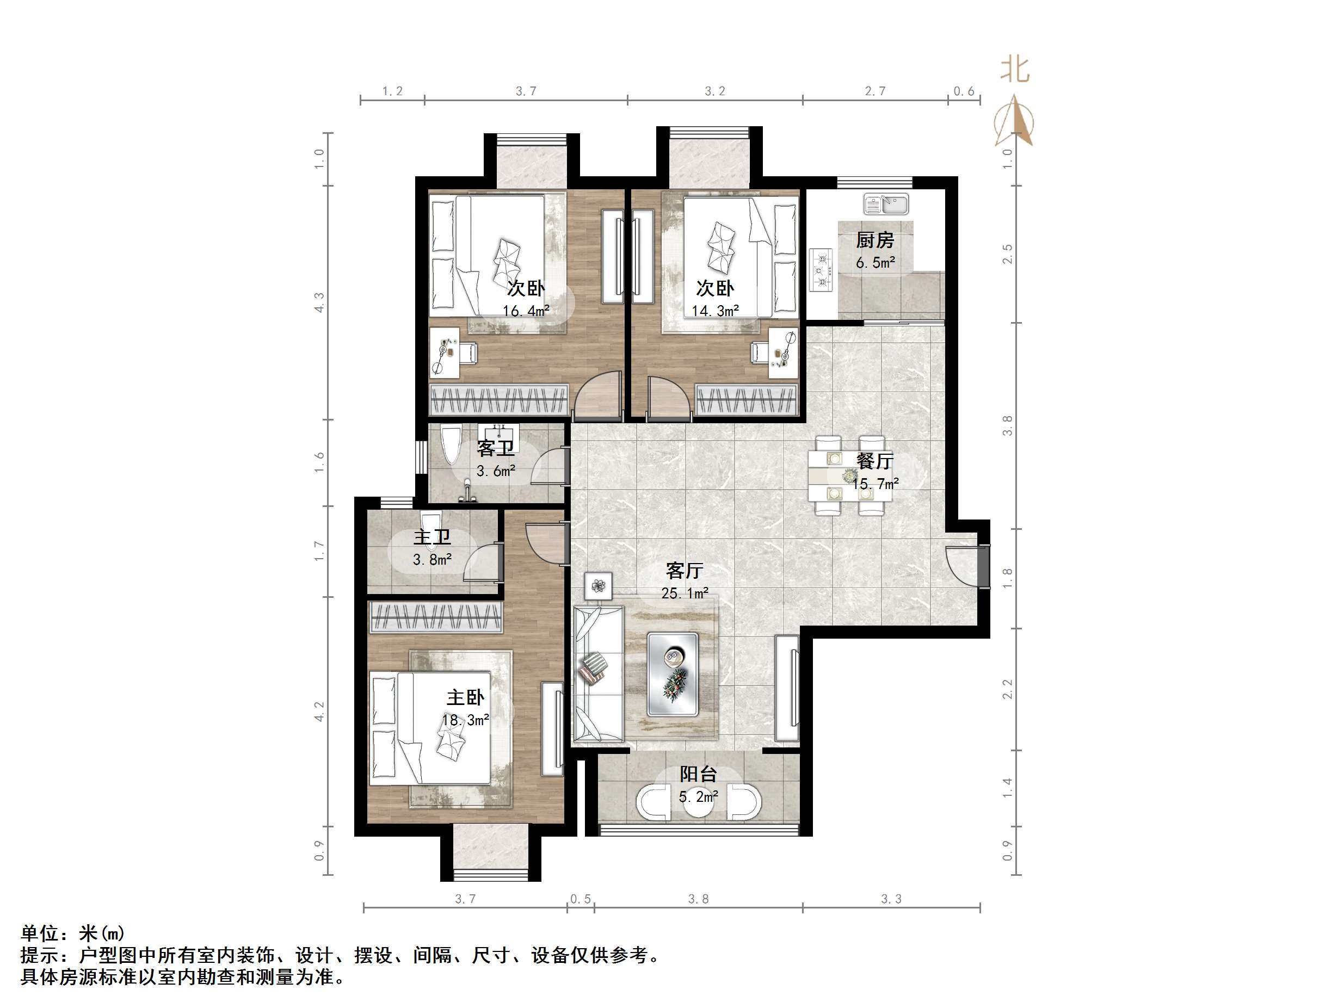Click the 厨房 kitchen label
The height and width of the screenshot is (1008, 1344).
click(875, 240)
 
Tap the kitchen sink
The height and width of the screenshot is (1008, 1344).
click(886, 204)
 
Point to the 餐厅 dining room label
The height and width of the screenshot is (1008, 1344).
click(875, 461)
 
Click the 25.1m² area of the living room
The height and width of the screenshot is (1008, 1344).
click(685, 593)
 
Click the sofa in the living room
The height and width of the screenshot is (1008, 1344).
click(599, 674)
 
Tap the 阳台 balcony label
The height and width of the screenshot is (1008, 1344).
click(698, 774)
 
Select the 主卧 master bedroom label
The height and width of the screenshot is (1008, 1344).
click(465, 697)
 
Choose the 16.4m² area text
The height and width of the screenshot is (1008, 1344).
click(526, 311)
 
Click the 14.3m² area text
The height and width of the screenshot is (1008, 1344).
click(715, 311)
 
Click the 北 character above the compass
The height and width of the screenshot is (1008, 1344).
click(1015, 69)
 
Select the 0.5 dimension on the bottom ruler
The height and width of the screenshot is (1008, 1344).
click(580, 899)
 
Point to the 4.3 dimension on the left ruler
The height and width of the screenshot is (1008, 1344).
click(319, 302)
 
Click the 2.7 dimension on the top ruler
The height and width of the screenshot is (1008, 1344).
click(875, 91)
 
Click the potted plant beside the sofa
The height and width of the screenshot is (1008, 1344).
click(599, 586)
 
